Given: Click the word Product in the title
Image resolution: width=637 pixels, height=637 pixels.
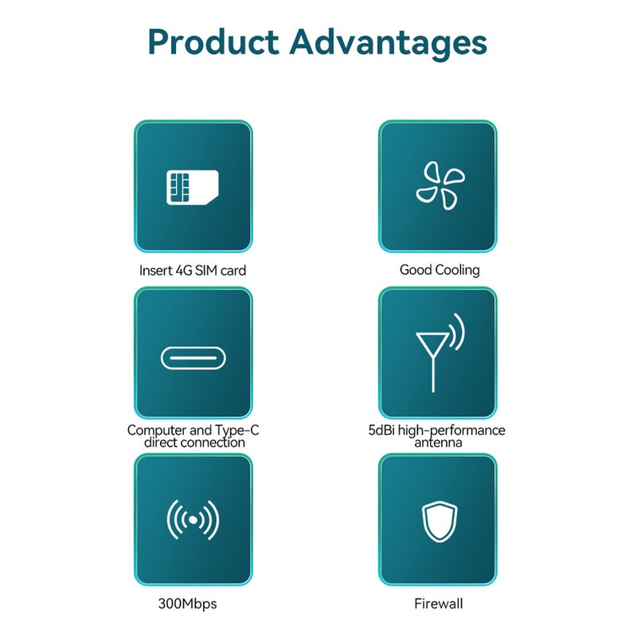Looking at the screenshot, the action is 213,41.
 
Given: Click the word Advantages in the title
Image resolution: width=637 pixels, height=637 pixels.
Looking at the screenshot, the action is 388,45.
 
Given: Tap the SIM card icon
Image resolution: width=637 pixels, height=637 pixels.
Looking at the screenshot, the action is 193,187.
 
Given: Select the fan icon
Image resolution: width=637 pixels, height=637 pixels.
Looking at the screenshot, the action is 440,186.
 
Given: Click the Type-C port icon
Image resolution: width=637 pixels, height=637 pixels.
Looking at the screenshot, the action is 193,358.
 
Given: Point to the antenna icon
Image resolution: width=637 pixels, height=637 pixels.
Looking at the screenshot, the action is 440,353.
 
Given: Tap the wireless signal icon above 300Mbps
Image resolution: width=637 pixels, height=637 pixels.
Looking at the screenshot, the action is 193,520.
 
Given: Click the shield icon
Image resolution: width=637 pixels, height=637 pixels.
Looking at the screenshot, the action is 440,522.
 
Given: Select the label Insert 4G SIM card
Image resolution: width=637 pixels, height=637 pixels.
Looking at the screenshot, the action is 193,270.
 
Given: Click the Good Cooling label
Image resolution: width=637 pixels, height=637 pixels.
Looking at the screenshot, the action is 440,270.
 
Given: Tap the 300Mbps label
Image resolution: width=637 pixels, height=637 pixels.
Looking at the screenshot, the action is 187,604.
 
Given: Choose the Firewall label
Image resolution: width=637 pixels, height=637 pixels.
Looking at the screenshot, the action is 439,604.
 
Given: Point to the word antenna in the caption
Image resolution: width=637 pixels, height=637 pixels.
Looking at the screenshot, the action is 438,443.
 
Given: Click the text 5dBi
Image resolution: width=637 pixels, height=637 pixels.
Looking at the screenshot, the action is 381,430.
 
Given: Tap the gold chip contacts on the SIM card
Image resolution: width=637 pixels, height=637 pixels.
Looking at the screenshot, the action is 179,187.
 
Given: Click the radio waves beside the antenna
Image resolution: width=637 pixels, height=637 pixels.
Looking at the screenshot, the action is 457,331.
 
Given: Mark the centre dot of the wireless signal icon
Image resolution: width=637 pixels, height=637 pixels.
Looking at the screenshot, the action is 193,520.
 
